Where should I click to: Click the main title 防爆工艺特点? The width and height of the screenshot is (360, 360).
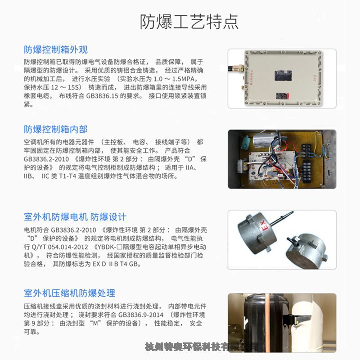(x=189, y=22)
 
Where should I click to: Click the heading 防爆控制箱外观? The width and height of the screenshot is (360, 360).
(x=56, y=49)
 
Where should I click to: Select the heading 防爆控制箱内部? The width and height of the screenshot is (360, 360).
(x=56, y=130)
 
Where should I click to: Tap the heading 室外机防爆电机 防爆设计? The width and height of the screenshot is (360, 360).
(x=75, y=217)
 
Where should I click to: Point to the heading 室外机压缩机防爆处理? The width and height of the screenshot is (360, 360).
(x=69, y=293)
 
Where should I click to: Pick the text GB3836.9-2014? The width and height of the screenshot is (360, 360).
(x=141, y=315)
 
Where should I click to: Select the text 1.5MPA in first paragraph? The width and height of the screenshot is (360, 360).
(x=184, y=79)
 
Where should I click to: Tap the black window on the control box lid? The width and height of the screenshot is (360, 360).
(x=283, y=76)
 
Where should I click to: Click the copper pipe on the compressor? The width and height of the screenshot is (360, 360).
(x=267, y=321)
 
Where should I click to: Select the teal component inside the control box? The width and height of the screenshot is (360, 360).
(x=247, y=141)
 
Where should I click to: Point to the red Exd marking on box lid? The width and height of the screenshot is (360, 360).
(x=315, y=78)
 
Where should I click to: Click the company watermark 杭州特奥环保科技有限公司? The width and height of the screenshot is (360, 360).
(x=202, y=346)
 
